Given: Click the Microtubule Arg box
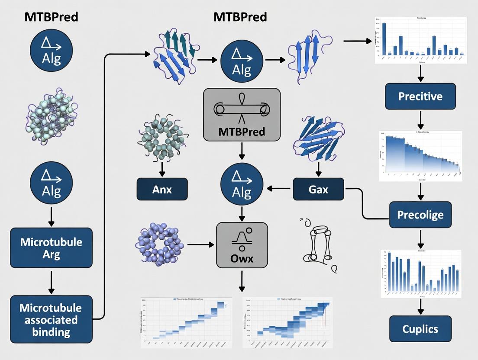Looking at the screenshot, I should tap(51, 247).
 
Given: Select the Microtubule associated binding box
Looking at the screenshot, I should tap(51, 320).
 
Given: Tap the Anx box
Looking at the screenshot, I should tap(162, 189).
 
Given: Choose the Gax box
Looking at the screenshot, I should tap(318, 189).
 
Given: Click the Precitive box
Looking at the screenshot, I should tap(420, 96).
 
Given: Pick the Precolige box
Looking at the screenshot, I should tap(420, 215).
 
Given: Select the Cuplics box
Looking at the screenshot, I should tap(420, 329).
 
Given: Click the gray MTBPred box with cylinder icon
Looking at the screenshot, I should tap(242, 115).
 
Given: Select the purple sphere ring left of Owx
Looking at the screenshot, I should tap(159, 244).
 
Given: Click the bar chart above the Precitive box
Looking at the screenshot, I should tap(420, 40).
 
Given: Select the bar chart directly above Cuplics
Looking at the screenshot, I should tap(420, 273).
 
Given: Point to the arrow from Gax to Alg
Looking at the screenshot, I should tap(280, 188).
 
